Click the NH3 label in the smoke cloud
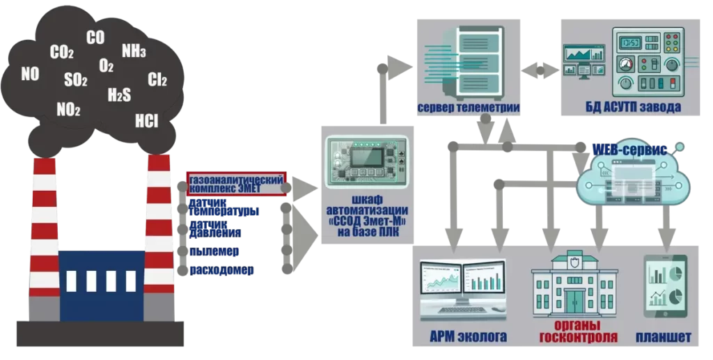pos(134,50)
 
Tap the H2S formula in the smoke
pos(119,95)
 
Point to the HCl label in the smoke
pos(146,121)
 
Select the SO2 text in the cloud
pos(75,80)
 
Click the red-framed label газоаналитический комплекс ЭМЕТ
pos(237,184)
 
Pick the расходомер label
pos(221,270)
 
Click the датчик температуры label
pos(224,208)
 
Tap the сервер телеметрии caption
pos(469,108)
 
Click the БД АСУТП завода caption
pos(633,107)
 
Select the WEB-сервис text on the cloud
pos(629,150)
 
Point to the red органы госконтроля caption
pos(578,331)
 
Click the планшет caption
pos(663,337)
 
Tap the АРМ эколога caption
pos(468,337)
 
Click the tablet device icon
pos(665,287)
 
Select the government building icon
pos(574,284)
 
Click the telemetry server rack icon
pos(475,61)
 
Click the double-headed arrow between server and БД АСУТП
pos(540,70)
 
